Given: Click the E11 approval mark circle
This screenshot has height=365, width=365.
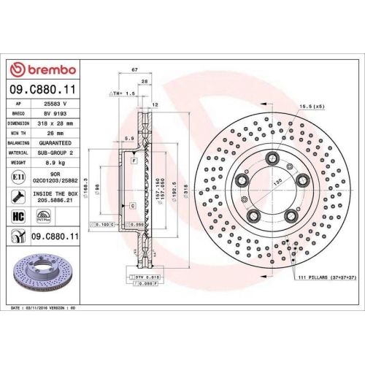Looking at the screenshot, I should point(18,177).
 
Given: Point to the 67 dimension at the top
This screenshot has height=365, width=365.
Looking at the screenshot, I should point(135,69).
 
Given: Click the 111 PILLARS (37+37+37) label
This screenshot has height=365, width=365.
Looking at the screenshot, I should point(328,278).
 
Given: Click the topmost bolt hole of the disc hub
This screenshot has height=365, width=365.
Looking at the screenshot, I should point(272,158).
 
